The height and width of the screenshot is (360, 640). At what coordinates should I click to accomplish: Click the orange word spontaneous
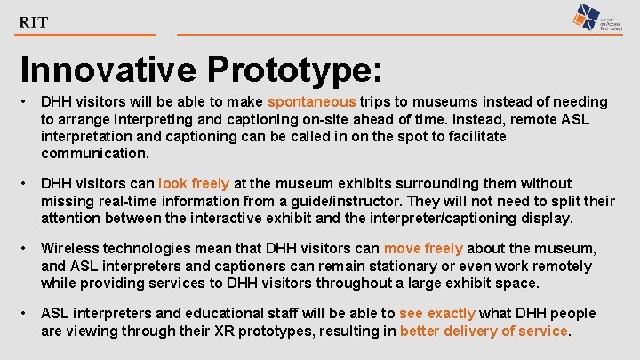coord(311,102)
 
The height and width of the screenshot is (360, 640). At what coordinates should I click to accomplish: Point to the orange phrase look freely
coord(194,184)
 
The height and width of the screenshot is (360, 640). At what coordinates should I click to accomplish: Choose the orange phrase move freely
coord(423,249)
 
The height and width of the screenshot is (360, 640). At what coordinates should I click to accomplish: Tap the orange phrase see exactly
coord(437,314)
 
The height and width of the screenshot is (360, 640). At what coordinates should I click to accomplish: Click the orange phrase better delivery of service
coord(484,331)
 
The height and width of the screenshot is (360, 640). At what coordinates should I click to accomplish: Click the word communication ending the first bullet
coord(95,153)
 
